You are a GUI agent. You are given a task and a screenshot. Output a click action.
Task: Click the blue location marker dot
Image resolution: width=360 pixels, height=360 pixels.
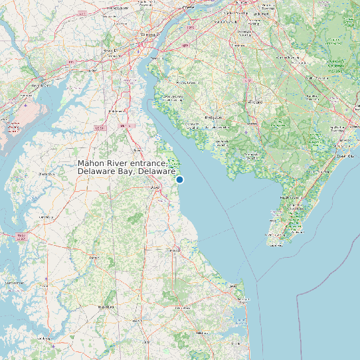(179, 179)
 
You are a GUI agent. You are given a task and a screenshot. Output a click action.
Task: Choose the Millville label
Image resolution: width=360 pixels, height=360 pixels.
(252, 123)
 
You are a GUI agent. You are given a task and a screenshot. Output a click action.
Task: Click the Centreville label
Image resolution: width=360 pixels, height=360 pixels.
(47, 174)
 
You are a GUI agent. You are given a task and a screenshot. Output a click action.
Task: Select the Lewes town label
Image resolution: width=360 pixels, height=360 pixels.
(234, 286)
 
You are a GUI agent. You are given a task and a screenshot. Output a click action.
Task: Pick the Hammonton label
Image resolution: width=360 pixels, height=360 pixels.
(290, 58)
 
